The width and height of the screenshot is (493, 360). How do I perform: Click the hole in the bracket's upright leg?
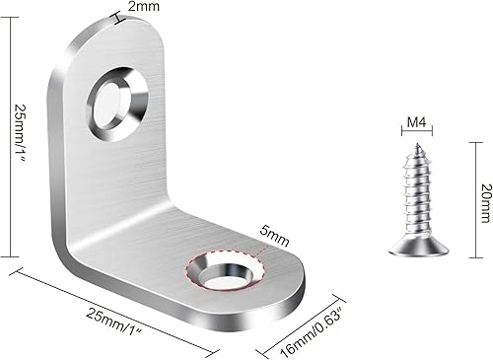110,102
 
